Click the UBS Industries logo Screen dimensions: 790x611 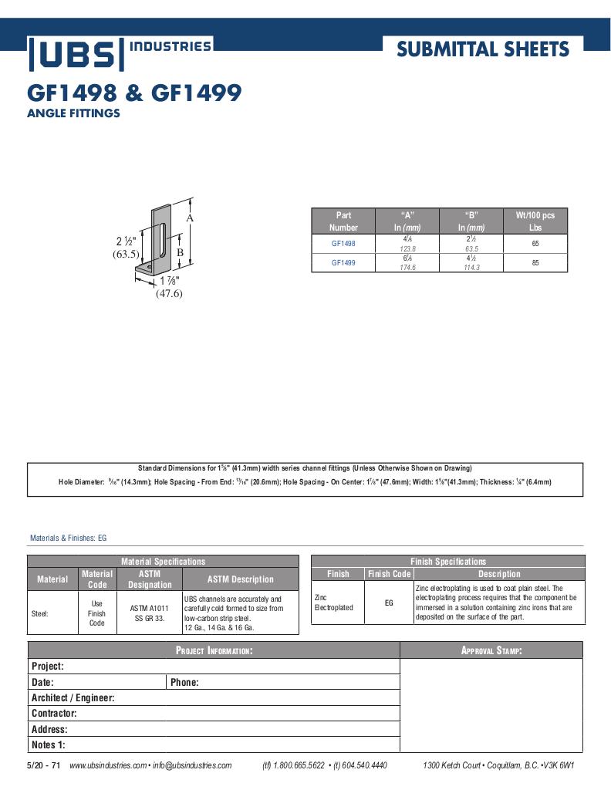(x=120, y=52)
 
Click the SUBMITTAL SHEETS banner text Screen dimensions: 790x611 (x=483, y=50)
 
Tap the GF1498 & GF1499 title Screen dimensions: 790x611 (x=134, y=93)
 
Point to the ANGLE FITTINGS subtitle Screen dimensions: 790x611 (x=73, y=113)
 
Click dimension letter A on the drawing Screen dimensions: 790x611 (x=190, y=218)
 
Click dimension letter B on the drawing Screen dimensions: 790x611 (x=179, y=252)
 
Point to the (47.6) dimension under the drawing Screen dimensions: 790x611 (x=169, y=293)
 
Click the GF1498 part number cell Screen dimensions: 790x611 (x=343, y=244)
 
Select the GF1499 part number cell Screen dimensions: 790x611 (x=343, y=263)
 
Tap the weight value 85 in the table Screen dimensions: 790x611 (x=535, y=263)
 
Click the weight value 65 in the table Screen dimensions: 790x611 (x=535, y=244)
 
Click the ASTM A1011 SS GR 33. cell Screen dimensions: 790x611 (x=150, y=613)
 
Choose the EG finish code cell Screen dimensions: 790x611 (x=389, y=603)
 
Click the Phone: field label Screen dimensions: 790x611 (x=184, y=682)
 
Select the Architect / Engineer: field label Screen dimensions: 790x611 (x=73, y=698)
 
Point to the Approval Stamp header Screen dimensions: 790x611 (x=491, y=650)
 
